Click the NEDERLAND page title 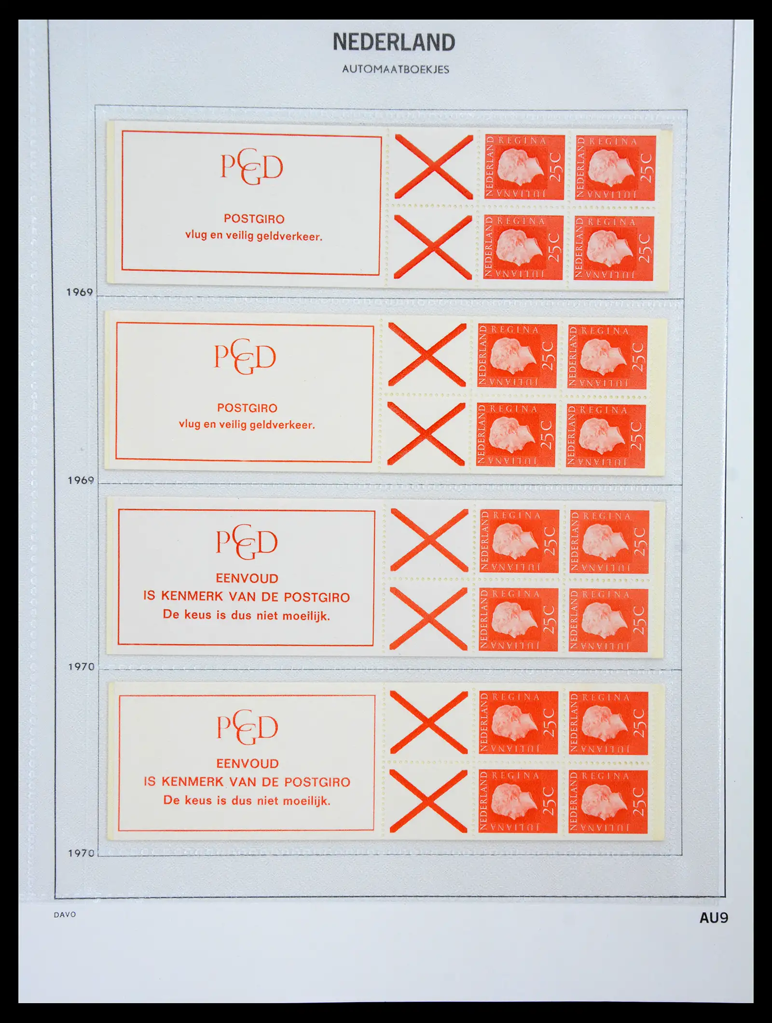394,42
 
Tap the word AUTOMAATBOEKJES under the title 396,70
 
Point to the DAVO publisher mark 65,914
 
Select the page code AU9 714,917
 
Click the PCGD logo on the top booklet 251,167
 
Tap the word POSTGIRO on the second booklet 247,408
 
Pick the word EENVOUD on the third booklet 247,578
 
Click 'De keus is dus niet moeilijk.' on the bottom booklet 247,800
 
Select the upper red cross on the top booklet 434,167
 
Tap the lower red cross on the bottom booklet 428,801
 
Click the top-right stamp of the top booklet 615,168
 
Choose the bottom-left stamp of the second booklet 516,434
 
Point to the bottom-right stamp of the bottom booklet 608,801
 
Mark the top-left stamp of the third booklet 519,541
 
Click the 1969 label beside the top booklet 80,292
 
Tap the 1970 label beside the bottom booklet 81,853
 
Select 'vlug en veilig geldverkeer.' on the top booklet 253,236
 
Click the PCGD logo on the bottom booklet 248,728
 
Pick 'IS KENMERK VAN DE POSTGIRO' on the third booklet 246,597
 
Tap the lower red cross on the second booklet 427,434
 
